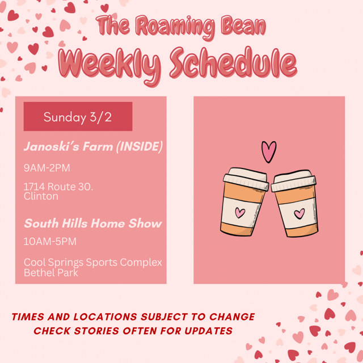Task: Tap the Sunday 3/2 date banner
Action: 78,117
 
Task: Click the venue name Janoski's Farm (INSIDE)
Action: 93,147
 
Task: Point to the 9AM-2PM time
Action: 47,168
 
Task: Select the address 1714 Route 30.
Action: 58,187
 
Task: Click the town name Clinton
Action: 41,196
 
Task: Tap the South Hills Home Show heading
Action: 92,223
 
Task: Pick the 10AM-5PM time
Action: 50,242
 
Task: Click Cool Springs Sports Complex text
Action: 92,263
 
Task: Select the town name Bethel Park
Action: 50,272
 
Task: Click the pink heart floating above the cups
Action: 269,151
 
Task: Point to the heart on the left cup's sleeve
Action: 240,213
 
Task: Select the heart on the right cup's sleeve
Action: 299,214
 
